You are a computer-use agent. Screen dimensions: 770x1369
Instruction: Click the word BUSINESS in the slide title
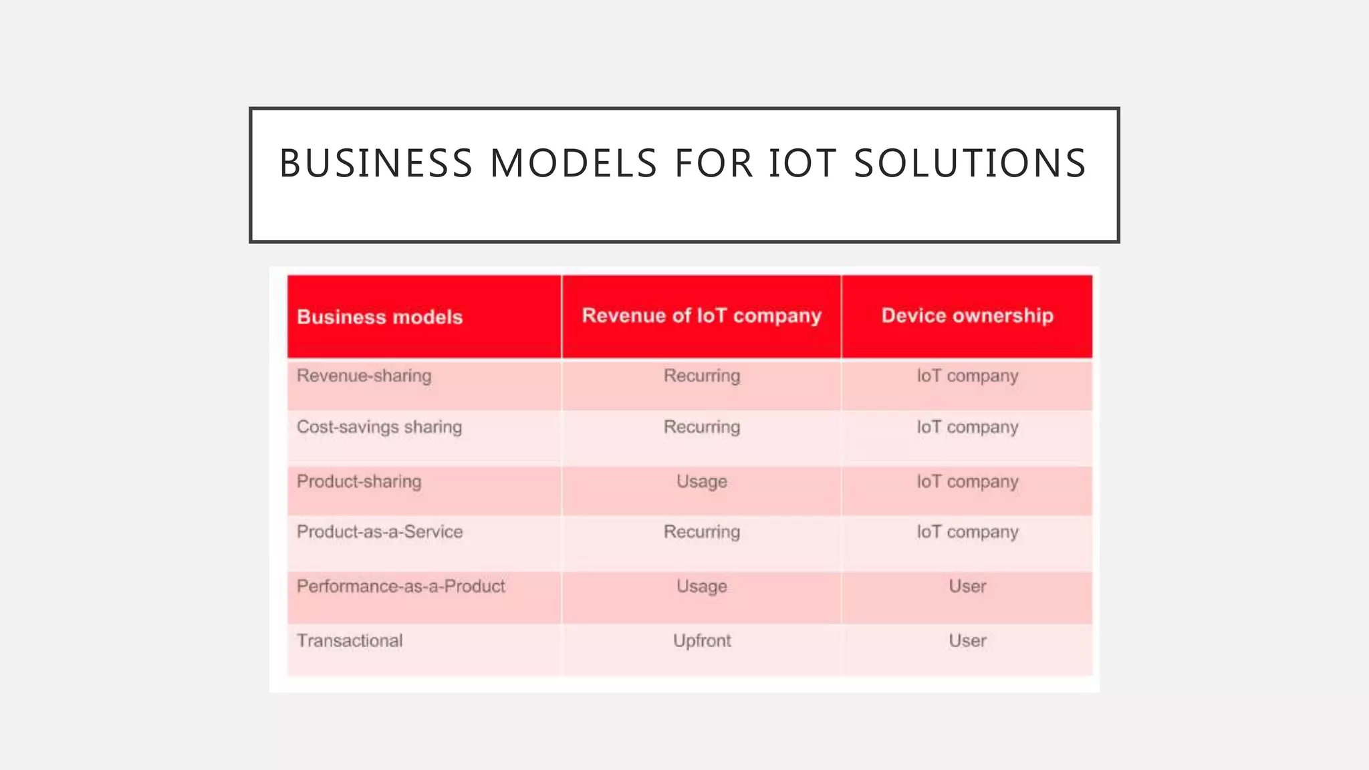click(376, 164)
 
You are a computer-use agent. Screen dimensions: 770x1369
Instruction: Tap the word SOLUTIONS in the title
click(970, 164)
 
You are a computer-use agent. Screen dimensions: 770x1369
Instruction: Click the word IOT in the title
click(802, 164)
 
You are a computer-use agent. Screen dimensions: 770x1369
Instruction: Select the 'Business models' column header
click(380, 317)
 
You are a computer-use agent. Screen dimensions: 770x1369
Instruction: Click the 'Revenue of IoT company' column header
click(701, 315)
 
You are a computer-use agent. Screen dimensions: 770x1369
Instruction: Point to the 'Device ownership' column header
click(967, 315)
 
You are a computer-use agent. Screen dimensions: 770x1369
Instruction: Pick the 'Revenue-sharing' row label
click(364, 376)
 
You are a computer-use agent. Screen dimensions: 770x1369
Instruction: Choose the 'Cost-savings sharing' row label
click(379, 427)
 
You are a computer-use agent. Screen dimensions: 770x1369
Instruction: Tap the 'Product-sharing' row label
click(359, 481)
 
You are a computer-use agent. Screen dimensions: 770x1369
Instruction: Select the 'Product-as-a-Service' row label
click(380, 532)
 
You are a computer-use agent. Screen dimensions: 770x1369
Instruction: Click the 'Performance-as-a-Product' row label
click(401, 586)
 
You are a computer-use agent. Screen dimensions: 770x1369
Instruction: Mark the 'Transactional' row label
click(350, 640)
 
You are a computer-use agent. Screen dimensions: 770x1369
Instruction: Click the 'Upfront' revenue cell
click(702, 640)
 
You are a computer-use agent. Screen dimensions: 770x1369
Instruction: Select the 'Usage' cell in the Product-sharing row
click(702, 481)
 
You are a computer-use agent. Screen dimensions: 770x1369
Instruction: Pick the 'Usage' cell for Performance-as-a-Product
click(702, 586)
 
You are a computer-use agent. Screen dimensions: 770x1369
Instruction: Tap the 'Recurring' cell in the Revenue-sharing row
click(702, 376)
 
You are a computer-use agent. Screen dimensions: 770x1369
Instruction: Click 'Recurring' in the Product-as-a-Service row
click(702, 532)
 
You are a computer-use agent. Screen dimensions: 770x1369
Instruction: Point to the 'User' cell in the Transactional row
click(967, 640)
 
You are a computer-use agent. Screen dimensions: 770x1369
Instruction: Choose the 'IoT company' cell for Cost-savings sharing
click(967, 427)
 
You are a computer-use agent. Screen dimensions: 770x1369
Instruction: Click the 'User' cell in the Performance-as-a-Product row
click(967, 586)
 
